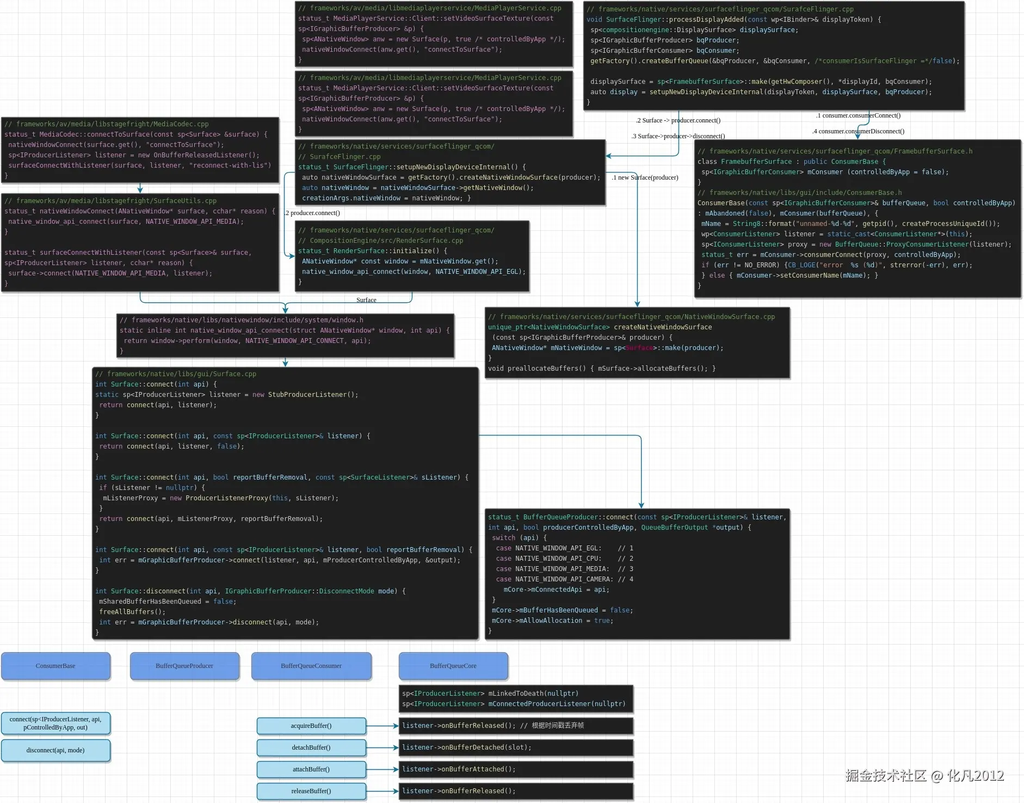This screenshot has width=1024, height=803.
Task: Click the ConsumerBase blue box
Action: (55, 666)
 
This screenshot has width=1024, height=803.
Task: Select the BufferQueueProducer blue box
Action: (184, 666)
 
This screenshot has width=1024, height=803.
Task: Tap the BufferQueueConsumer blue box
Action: (311, 666)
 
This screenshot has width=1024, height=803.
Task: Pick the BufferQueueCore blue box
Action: (453, 666)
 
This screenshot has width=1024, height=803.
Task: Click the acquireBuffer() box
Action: (311, 726)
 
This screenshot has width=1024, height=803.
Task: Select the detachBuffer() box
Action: (311, 747)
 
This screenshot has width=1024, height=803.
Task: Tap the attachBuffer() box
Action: (311, 769)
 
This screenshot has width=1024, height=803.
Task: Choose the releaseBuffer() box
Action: (311, 791)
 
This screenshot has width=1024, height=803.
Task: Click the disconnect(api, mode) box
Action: (55, 750)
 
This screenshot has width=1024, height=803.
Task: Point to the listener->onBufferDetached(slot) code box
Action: (516, 747)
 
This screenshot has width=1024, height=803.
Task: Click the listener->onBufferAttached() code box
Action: (516, 769)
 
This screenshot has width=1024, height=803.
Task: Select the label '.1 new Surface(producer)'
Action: (645, 177)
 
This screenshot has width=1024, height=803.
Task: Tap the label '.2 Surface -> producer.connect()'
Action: (678, 120)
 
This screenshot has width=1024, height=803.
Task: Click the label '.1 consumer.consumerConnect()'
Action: (858, 115)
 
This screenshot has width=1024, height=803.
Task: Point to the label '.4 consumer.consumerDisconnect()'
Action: (858, 131)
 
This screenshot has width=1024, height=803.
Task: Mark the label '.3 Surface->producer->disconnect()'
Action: (678, 136)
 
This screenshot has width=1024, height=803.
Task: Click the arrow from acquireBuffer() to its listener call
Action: (383, 726)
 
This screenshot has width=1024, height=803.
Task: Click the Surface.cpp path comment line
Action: (176, 374)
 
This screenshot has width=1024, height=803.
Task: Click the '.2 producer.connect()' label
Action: (312, 213)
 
